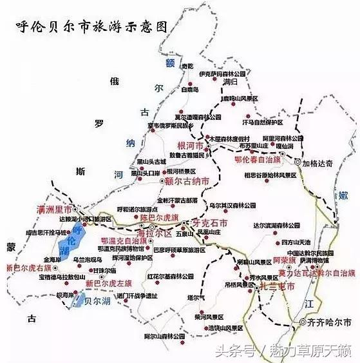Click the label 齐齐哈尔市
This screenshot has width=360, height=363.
pos(330,321)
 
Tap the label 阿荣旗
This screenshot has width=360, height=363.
pos(283,261)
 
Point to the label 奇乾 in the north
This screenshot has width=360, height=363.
pos(186,66)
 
